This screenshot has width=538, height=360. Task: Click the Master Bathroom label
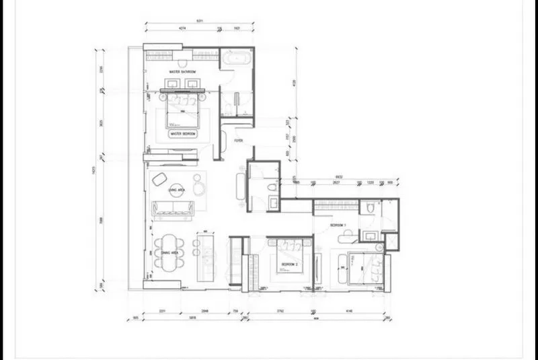pyautogui.click(x=182, y=72)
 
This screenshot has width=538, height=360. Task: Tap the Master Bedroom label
pyautogui.click(x=183, y=133)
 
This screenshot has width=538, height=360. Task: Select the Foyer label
pyautogui.click(x=239, y=141)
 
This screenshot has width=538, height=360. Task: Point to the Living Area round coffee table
pyautogui.click(x=177, y=190)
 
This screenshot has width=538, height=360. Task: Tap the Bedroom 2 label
pyautogui.click(x=290, y=264)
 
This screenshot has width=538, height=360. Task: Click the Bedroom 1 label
pyautogui.click(x=338, y=225)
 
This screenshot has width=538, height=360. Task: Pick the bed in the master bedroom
pyautogui.click(x=182, y=110)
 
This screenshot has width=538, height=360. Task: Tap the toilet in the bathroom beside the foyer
pyautogui.click(x=272, y=187)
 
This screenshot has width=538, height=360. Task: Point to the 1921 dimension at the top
pyautogui.click(x=237, y=29)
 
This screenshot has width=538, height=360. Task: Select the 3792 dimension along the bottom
pyautogui.click(x=280, y=311)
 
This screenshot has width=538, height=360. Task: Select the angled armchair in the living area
pyautogui.click(x=160, y=180)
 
